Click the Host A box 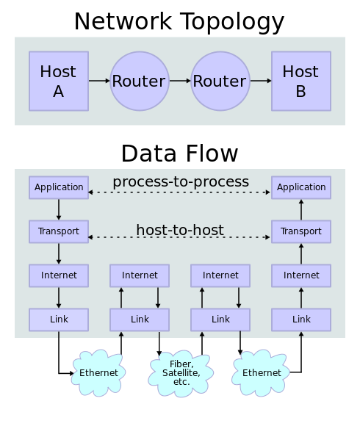point(59,81)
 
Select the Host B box point(301,81)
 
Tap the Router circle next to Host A point(140,81)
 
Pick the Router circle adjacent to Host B point(220,81)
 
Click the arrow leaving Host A point(99,81)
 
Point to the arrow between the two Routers point(180,81)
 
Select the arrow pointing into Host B point(261,81)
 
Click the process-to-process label point(180,181)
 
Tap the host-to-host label point(180,230)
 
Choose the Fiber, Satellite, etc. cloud point(180,373)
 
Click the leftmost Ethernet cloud point(98,373)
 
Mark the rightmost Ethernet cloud point(262,373)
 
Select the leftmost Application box point(59,187)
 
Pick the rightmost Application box point(301,187)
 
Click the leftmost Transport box point(59,231)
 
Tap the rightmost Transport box point(301,231)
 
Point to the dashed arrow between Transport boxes point(180,238)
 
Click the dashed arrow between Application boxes point(180,192)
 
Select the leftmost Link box point(59,319)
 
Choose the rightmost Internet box point(301,275)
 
